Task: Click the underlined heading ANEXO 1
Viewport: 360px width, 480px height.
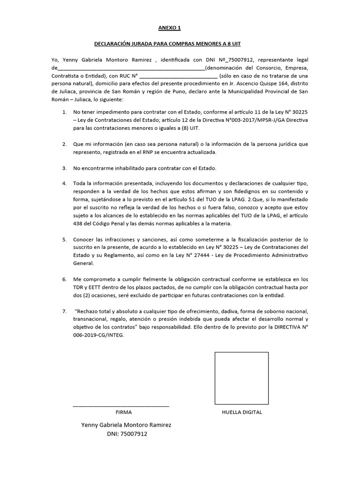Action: tap(169, 28)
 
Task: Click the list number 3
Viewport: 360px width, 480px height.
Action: tap(64, 168)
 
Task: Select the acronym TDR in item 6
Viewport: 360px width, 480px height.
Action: tap(79, 287)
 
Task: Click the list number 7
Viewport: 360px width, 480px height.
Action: tap(64, 311)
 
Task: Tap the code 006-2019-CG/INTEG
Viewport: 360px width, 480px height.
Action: tap(99, 335)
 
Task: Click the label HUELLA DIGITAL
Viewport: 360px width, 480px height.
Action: tap(242, 412)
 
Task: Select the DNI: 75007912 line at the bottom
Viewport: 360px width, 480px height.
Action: tap(127, 434)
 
